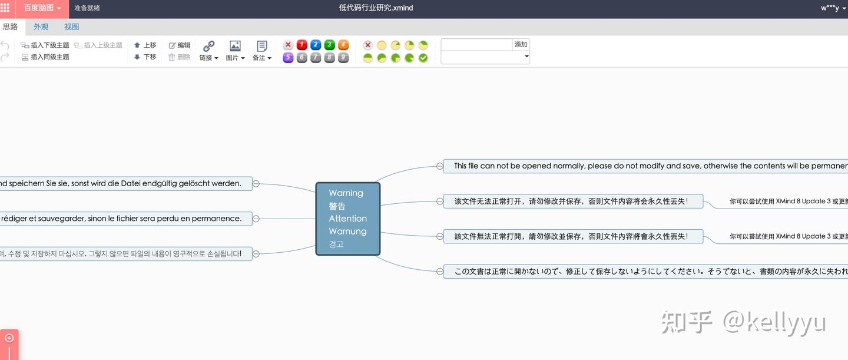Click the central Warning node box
(347, 218)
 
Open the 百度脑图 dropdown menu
(42, 8)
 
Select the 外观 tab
(41, 27)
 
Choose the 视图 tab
(71, 27)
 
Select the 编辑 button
(180, 45)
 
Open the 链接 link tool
(208, 51)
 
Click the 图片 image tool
(235, 51)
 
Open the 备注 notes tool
(262, 51)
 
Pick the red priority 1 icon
(302, 45)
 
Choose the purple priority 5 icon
(288, 58)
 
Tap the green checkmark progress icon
(423, 58)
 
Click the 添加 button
(521, 45)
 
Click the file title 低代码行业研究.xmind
(376, 8)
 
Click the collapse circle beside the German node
(256, 183)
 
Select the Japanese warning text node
(648, 272)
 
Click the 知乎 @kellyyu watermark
(743, 322)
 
